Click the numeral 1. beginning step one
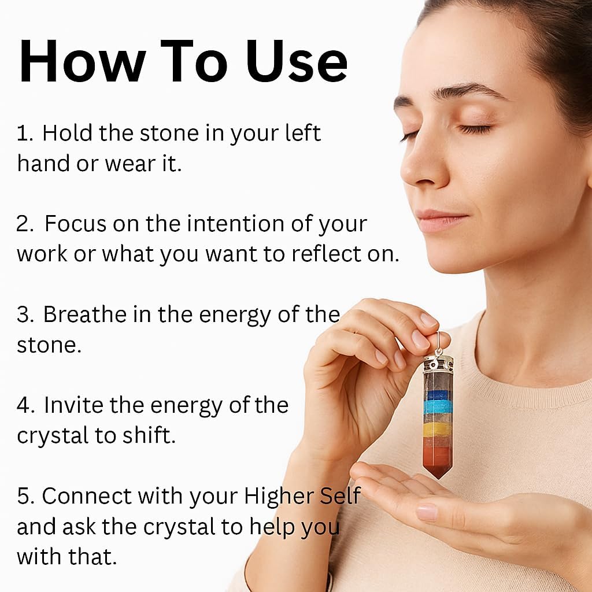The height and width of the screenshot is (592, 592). [24, 134]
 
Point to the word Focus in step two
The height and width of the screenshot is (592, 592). [76, 224]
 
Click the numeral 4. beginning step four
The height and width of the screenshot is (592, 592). [25, 405]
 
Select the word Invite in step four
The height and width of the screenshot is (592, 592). [73, 405]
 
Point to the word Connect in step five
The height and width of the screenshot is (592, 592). [87, 495]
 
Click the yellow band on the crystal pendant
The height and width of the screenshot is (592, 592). [438, 430]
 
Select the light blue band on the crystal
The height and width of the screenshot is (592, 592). [438, 407]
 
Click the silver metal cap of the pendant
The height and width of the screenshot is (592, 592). [438, 364]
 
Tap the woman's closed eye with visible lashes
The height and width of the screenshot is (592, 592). [475, 129]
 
